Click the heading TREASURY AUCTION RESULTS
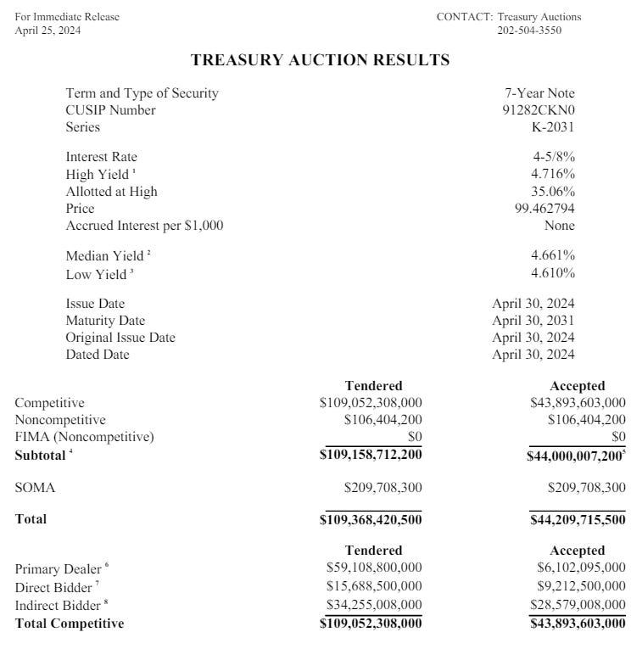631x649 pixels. click(320, 60)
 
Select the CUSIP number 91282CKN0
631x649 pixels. click(538, 110)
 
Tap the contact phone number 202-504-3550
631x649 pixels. click(529, 31)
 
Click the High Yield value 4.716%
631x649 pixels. click(552, 174)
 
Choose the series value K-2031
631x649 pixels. click(552, 127)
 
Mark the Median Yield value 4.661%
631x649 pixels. click(552, 255)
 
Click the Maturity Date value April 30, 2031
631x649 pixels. click(533, 321)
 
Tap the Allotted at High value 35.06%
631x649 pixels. click(552, 192)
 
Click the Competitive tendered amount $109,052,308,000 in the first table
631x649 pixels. click(371, 403)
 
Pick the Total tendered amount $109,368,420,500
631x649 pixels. click(371, 519)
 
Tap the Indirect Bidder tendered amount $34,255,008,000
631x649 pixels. click(374, 605)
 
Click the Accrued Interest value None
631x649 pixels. click(559, 226)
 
